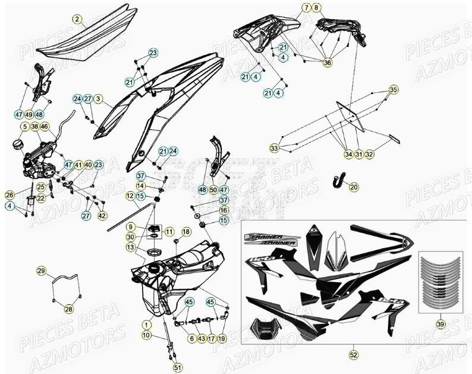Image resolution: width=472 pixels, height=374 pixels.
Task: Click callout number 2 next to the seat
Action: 77,19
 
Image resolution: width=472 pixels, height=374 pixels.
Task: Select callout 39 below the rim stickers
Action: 439,324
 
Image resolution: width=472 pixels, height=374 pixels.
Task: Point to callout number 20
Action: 354,187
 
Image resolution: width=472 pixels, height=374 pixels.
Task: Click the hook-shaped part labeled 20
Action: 339,179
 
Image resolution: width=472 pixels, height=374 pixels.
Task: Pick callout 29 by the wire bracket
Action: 41,271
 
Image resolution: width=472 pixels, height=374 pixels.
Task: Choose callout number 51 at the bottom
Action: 178,367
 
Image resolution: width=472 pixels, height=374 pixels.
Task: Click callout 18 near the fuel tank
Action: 186,232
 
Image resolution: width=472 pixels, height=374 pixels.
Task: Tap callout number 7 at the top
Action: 306,8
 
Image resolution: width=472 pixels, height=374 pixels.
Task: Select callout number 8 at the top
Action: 316,8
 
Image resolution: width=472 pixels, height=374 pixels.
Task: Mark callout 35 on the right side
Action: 393,90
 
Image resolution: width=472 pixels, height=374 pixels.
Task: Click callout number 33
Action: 274,148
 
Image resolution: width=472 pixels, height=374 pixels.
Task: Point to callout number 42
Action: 102,216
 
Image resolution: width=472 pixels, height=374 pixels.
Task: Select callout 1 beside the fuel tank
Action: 146,325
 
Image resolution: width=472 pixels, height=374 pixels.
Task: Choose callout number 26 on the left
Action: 9,195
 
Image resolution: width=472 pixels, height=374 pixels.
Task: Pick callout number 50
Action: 213,190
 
